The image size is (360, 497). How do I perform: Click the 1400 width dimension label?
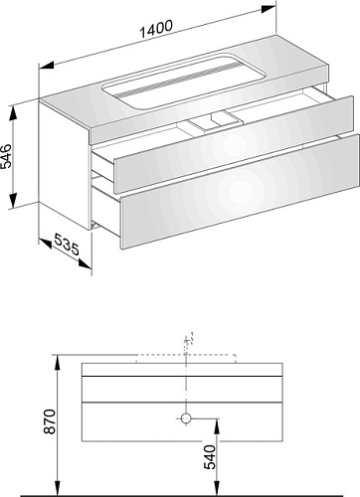click(156, 29)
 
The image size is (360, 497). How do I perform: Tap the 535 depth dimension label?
click(67, 245)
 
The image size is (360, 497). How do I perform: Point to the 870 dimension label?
click(50, 421)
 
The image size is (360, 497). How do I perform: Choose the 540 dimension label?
click(210, 457)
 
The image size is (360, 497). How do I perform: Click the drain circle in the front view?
click(186, 418)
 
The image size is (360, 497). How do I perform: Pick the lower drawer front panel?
click(240, 191)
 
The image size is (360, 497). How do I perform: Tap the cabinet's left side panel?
click(65, 165)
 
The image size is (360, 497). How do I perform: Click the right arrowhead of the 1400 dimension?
click(269, 9)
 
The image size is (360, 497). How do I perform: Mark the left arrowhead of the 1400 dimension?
click(47, 66)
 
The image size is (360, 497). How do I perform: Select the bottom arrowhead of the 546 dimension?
click(13, 200)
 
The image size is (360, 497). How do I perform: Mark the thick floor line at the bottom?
click(190, 495)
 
